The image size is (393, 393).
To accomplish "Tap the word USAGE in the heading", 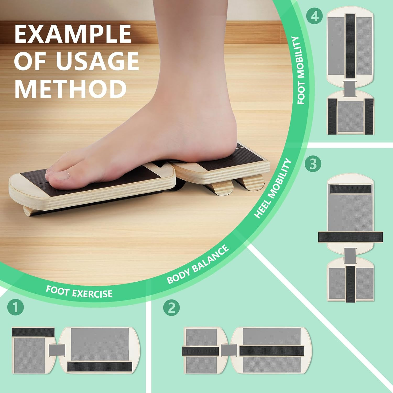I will (x=97, y=61).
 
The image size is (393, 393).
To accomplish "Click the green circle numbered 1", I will (x=16, y=307).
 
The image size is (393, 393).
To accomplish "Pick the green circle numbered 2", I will (x=172, y=308).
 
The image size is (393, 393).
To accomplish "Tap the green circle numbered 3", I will (x=313, y=164).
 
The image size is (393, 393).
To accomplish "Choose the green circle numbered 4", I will (x=314, y=16).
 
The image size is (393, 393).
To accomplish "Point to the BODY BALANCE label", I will (x=198, y=265).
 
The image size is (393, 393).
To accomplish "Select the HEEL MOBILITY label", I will (x=273, y=188).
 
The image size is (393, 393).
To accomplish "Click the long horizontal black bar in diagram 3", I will (x=350, y=237).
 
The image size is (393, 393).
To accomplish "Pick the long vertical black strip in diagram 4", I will (x=350, y=46).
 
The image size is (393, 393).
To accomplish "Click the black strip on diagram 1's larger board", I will (x=100, y=366).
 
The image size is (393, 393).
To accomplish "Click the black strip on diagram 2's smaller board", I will (x=201, y=351).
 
